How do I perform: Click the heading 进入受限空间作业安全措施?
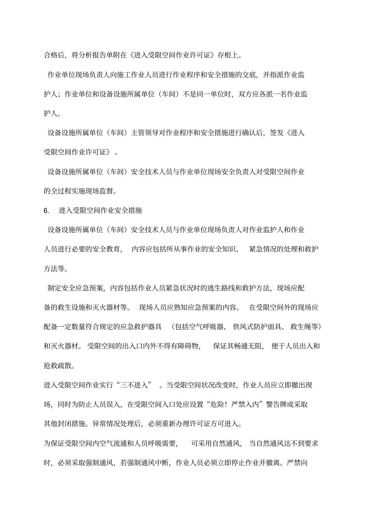point(100,210)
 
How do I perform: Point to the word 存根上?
point(229,55)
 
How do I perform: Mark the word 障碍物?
point(186,346)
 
